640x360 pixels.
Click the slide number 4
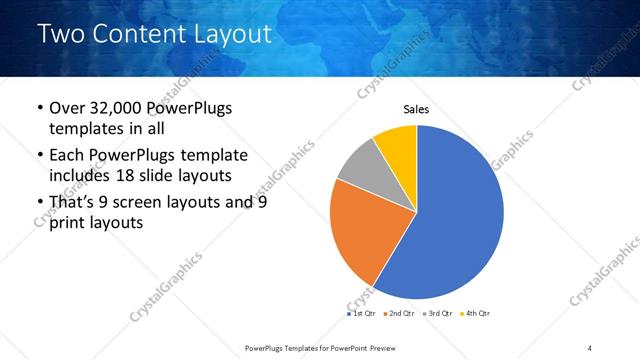[589, 347]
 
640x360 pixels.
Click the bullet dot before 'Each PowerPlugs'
[38, 156]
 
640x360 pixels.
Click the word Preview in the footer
[397, 347]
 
